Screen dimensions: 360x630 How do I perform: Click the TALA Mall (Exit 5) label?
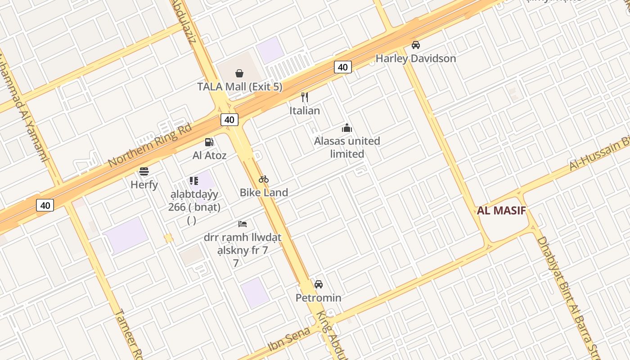click(240, 86)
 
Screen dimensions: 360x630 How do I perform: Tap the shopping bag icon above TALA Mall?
click(239, 73)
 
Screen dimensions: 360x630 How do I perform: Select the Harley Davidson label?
click(416, 58)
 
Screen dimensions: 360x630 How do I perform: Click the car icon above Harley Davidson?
click(416, 45)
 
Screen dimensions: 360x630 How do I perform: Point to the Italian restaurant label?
click(305, 111)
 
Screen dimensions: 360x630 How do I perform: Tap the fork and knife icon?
click(305, 97)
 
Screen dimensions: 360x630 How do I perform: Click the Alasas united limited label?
click(347, 147)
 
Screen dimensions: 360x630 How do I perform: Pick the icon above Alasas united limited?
click(346, 128)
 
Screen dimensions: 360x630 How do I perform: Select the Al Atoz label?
click(209, 156)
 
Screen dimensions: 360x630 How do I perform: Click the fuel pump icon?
click(209, 142)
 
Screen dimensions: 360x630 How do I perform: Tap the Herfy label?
click(144, 184)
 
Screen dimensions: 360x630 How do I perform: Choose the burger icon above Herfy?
click(144, 171)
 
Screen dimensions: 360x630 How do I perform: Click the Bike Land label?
click(264, 193)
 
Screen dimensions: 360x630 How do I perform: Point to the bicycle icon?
click(264, 179)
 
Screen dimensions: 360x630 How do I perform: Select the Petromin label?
click(318, 298)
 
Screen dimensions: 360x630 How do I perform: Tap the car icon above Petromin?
click(319, 284)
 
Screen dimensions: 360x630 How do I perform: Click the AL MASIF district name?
click(502, 211)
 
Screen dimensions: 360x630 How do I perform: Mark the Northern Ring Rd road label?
click(150, 145)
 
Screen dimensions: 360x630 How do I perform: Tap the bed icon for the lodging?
click(243, 224)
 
